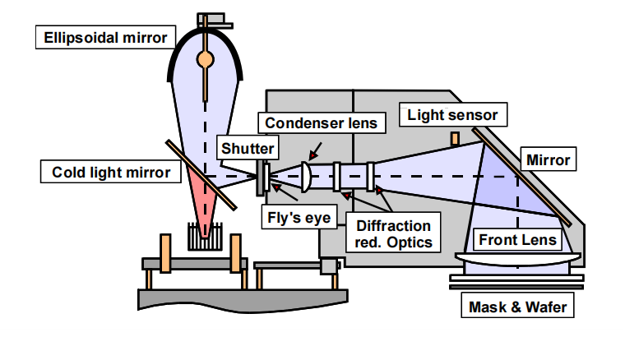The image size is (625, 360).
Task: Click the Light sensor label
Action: pyautogui.click(x=452, y=115)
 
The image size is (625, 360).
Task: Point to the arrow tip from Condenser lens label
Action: pyautogui.click(x=311, y=158)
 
